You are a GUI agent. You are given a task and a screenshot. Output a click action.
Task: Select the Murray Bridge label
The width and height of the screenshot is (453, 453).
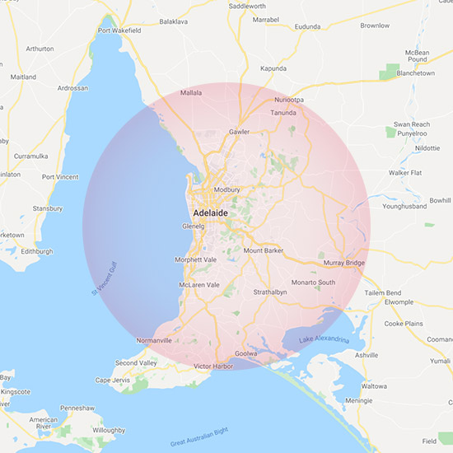(x=344, y=263)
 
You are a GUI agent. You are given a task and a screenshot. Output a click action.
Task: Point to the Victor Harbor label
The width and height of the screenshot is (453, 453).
(x=214, y=366)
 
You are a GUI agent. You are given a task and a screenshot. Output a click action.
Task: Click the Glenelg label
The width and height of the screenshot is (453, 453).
(x=194, y=226)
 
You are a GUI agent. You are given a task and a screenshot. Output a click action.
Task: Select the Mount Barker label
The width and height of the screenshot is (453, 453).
(x=264, y=250)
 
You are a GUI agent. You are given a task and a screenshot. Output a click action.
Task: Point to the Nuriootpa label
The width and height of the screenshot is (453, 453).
(x=288, y=100)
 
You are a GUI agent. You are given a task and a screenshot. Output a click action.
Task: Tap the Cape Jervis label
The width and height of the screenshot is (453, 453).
(x=113, y=380)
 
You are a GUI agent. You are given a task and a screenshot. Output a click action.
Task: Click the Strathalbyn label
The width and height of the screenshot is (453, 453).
(x=271, y=292)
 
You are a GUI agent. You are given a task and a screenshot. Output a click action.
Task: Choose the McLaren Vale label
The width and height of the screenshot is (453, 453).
(x=199, y=285)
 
